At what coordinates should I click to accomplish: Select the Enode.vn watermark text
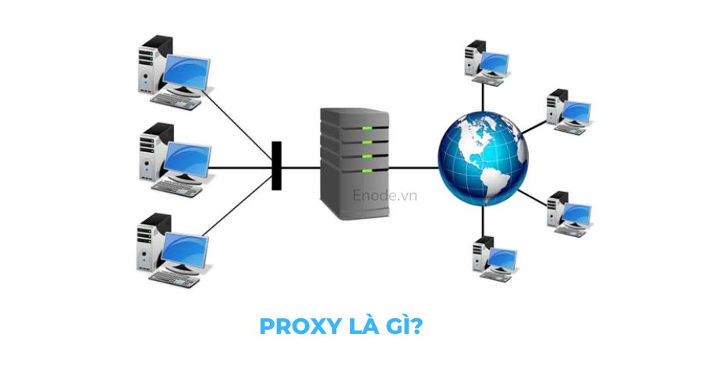tap(385, 195)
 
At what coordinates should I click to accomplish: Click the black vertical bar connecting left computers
tap(276, 165)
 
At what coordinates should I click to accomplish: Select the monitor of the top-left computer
tap(186, 73)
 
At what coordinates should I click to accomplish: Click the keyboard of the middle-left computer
tap(176, 186)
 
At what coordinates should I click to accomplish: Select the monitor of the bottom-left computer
tap(186, 250)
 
